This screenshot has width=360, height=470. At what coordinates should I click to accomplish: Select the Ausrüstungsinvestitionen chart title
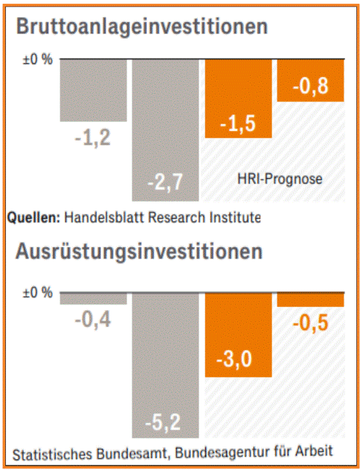click(139, 252)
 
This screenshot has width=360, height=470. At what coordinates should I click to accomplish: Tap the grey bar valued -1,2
click(93, 90)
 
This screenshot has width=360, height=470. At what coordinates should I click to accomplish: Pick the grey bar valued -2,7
click(165, 130)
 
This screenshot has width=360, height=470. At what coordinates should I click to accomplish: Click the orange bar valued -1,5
click(238, 99)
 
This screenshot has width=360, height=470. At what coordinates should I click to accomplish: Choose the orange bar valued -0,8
click(311, 80)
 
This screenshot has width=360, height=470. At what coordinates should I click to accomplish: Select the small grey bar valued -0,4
click(93, 298)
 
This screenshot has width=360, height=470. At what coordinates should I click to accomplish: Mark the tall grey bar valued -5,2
click(165, 365)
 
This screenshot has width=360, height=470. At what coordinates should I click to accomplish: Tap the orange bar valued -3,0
click(238, 335)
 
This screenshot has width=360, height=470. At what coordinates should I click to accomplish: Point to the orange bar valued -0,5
click(311, 300)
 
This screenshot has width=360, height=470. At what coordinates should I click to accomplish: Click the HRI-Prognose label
click(280, 179)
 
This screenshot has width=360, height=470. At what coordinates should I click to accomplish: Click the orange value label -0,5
click(311, 323)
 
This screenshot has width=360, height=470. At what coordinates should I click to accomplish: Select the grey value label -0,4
click(93, 321)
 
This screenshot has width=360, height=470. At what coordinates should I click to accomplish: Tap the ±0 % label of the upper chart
click(37, 59)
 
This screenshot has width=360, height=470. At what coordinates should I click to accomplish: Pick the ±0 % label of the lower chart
click(37, 292)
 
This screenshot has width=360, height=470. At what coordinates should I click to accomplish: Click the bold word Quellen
click(34, 218)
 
